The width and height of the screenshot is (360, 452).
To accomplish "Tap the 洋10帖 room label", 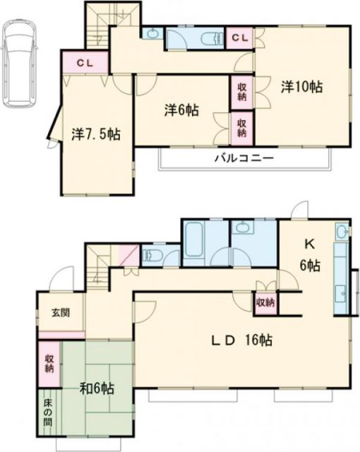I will pyautogui.click(x=302, y=88).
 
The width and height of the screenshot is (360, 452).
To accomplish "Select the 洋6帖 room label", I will pyautogui.click(x=181, y=111).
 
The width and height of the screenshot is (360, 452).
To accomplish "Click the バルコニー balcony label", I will pyautogui.click(x=244, y=157).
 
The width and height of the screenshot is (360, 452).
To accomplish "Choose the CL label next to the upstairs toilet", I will pyautogui.click(x=239, y=37).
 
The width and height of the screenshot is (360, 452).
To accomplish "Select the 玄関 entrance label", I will pyautogui.click(x=59, y=312).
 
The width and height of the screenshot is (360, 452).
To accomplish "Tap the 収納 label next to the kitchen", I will pyautogui.click(x=265, y=302).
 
